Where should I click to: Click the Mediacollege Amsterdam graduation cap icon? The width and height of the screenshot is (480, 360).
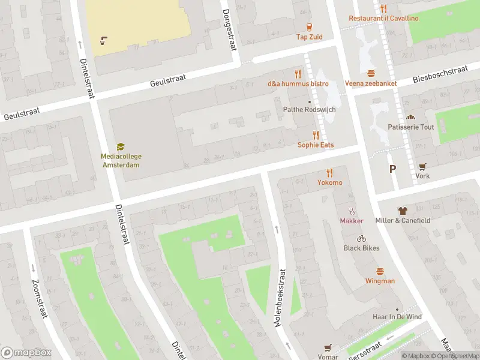(x=121, y=146)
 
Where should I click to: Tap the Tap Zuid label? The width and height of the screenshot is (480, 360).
(x=309, y=37)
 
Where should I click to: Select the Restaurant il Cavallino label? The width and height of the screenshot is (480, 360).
(x=384, y=18)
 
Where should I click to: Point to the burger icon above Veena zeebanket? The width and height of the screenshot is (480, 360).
(x=371, y=73)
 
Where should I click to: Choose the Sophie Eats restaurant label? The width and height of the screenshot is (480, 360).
(x=316, y=145)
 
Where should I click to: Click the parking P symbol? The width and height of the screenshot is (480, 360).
(x=392, y=169)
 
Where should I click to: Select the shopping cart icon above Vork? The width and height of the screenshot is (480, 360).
(x=422, y=167)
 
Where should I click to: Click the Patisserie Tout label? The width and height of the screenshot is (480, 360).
(x=411, y=127)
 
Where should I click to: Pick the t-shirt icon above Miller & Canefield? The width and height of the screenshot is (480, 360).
(x=402, y=211)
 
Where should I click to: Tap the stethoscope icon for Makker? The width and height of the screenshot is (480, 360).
(x=352, y=211)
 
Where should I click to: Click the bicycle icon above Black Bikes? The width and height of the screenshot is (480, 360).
(x=361, y=238)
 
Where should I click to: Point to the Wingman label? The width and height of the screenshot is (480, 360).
(x=380, y=281)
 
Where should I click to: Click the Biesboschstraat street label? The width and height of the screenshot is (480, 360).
(x=440, y=75)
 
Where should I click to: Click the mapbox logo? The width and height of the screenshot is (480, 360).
(x=26, y=353)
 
